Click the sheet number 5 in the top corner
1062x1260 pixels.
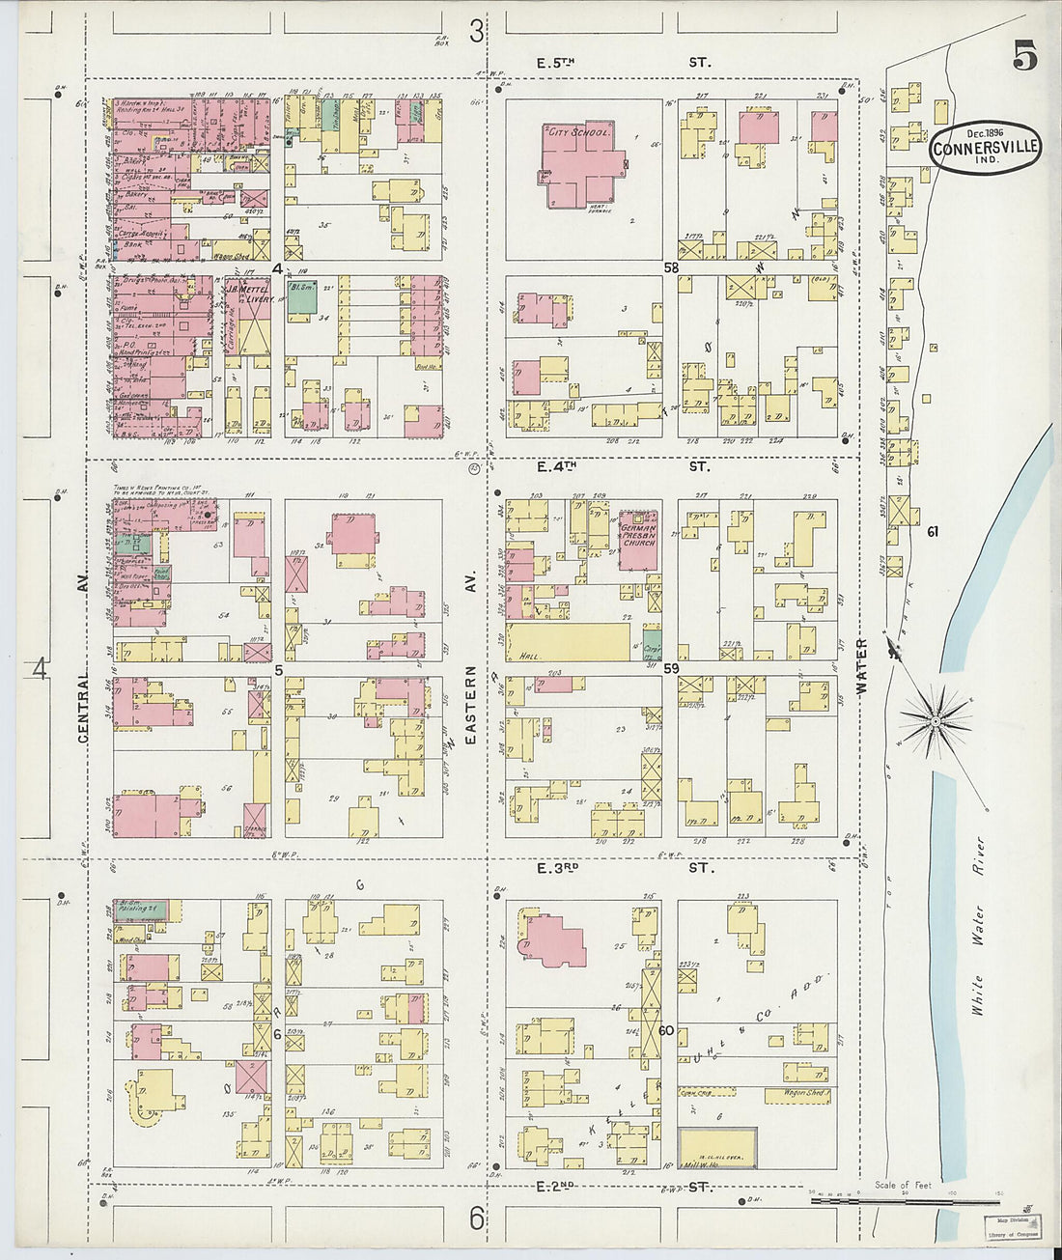tap(1024, 57)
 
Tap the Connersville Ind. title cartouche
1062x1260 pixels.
tap(986, 148)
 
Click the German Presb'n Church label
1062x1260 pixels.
tap(638, 535)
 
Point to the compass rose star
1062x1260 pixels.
tap(935, 720)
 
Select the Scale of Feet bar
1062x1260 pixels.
tap(904, 1202)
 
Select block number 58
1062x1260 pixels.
tap(671, 266)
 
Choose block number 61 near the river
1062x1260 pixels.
tap(933, 532)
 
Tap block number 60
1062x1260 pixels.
tap(666, 1030)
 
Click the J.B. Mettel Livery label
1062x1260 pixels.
tap(247, 294)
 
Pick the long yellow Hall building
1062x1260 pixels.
tap(569, 641)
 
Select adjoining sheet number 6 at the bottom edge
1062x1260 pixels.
tap(476, 1219)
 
